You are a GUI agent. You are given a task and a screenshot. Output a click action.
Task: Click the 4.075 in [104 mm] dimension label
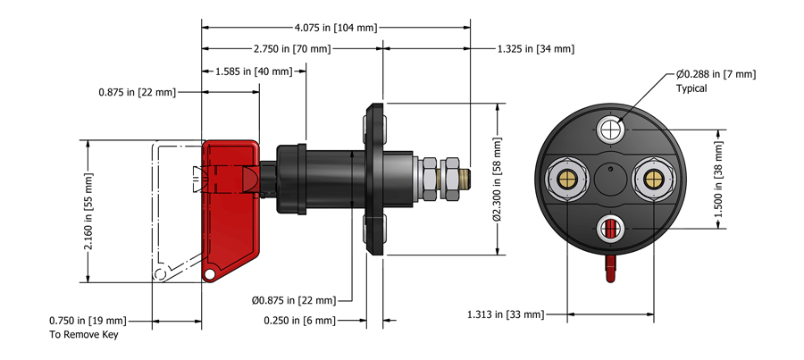(x=336, y=28)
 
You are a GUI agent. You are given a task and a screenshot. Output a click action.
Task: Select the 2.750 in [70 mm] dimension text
(x=291, y=49)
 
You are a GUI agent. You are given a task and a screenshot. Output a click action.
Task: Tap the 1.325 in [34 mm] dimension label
(x=536, y=49)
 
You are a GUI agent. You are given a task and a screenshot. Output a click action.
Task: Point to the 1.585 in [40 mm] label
(x=254, y=71)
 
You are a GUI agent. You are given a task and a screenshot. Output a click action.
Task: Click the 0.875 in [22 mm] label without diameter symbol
(x=138, y=92)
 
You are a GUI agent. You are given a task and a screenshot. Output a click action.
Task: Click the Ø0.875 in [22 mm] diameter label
(x=294, y=299)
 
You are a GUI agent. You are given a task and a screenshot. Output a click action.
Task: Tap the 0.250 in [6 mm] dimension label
(x=299, y=320)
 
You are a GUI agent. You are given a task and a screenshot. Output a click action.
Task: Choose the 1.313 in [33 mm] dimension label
(x=505, y=314)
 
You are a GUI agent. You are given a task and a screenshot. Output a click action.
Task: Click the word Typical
(x=693, y=89)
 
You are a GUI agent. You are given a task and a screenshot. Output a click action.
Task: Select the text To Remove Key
(x=83, y=335)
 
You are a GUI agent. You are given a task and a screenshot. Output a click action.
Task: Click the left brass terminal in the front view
(x=565, y=178)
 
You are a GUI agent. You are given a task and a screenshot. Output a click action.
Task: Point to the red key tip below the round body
(x=609, y=267)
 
